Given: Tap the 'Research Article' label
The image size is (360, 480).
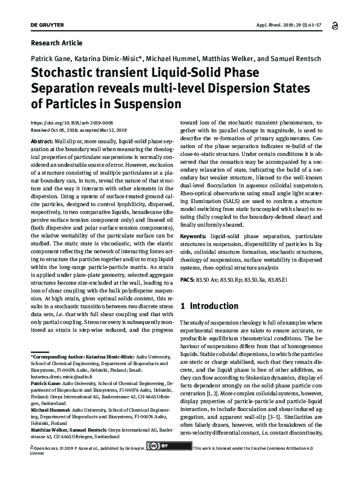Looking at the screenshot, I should coord(56,43).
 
